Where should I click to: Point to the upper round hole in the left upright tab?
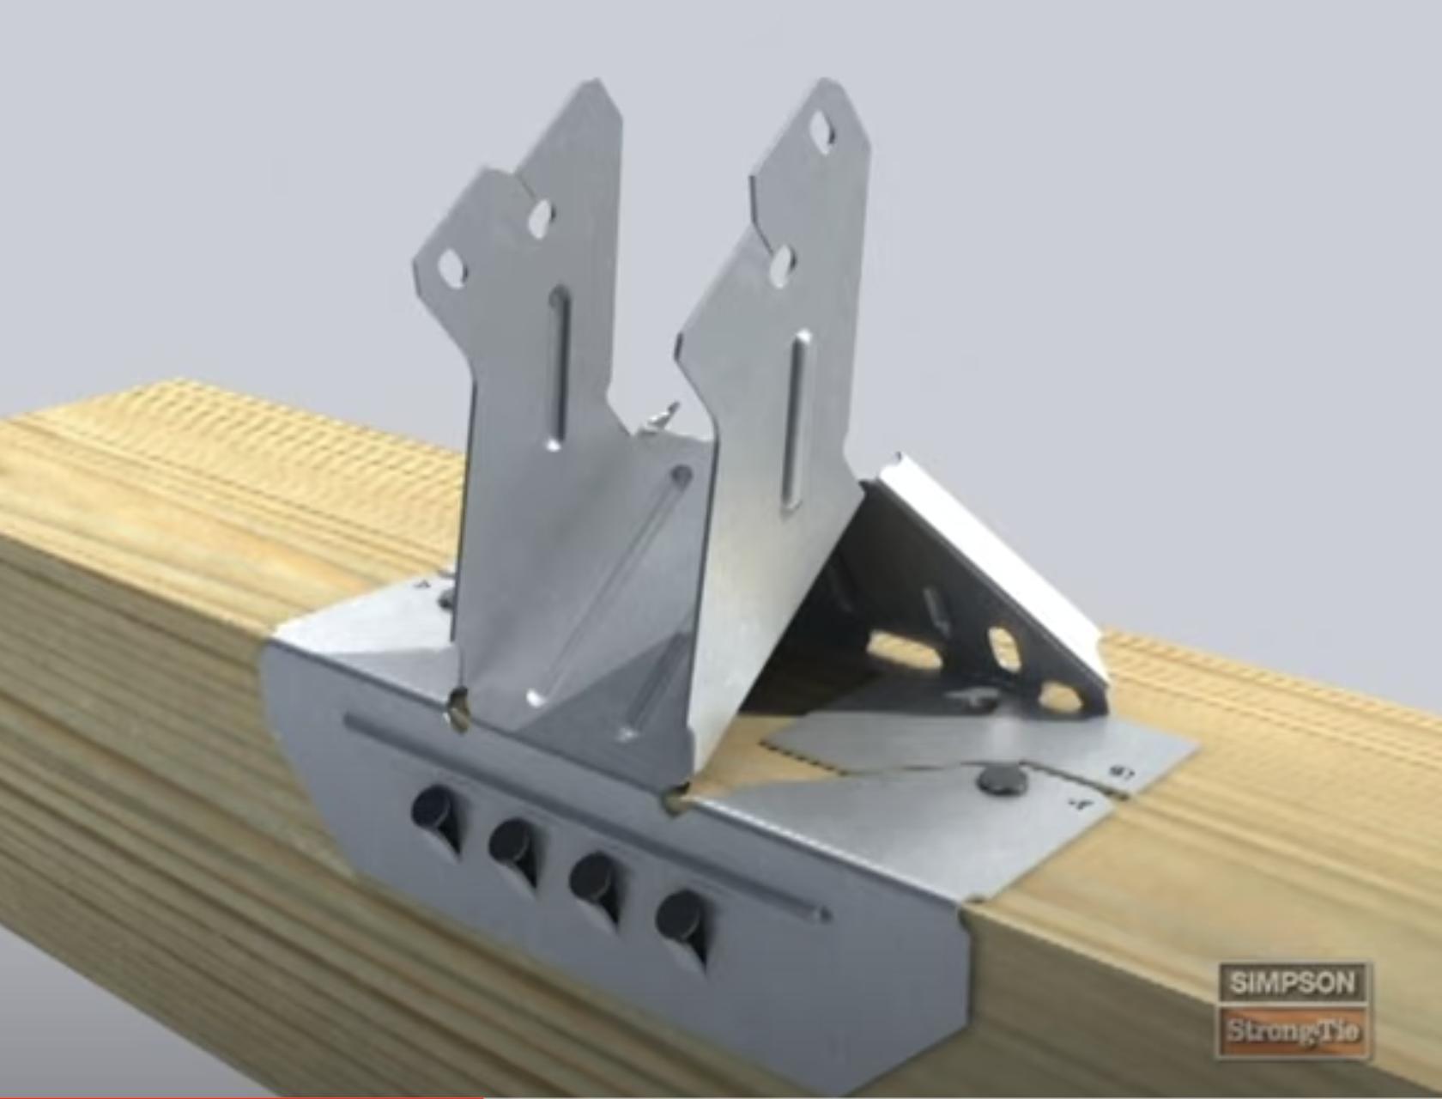coord(539,218)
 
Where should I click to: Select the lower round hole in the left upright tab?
coord(451,270)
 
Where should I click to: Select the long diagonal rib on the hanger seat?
coord(609,584)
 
